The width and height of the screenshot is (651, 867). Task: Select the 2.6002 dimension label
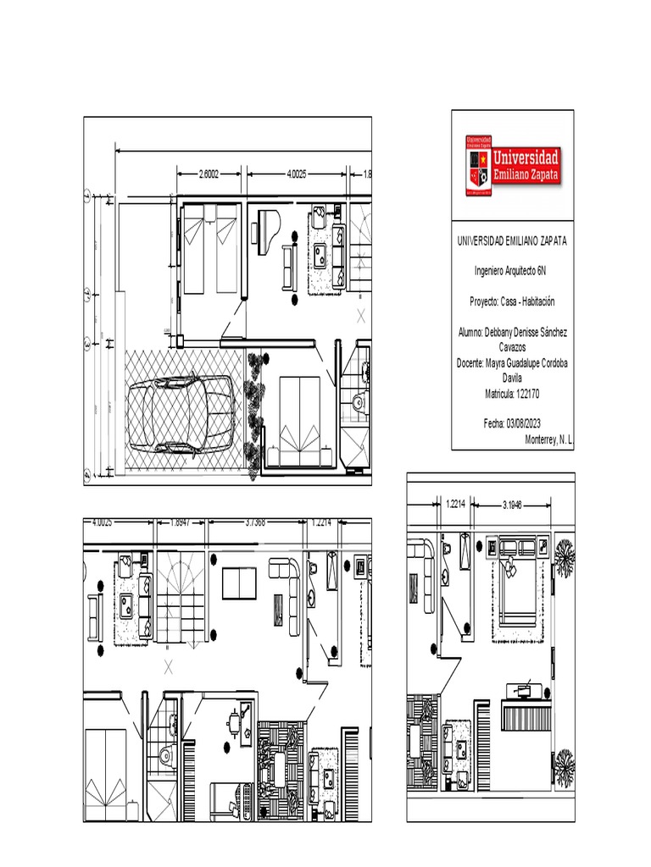pos(209,174)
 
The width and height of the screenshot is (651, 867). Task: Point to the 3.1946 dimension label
pos(511,505)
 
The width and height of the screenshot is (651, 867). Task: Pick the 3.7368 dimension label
pos(255,522)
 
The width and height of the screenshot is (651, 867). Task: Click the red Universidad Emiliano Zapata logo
pos(513,163)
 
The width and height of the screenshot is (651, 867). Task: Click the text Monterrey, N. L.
pos(549,440)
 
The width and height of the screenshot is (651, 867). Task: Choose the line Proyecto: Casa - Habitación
pos(512,301)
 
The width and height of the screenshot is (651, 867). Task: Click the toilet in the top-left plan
pos(358,402)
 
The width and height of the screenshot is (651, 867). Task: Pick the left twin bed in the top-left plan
pos(195,253)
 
